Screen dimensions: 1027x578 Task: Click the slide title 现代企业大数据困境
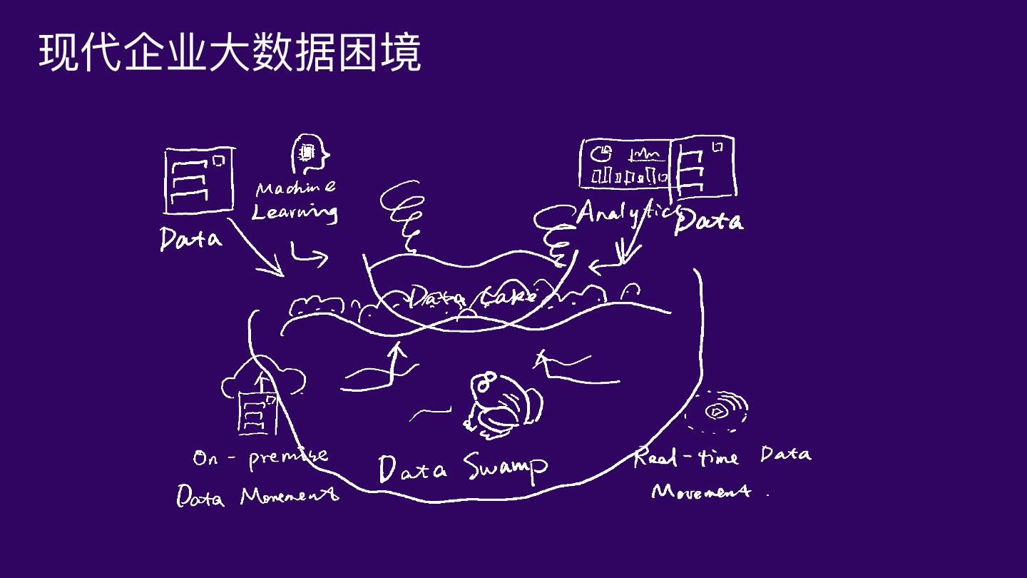[x=230, y=51]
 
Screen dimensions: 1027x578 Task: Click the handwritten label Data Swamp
[x=463, y=467]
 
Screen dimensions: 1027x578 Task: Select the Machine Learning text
[x=295, y=201]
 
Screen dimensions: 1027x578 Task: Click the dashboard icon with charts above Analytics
[x=625, y=163]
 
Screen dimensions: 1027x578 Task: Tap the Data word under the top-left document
[x=190, y=238]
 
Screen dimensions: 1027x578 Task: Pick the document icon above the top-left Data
[x=199, y=180]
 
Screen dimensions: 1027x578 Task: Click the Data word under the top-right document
[x=708, y=220]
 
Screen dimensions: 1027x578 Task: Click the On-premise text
[x=260, y=457]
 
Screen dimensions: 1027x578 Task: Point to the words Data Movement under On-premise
[x=257, y=495]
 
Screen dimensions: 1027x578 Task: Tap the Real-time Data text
[x=722, y=456]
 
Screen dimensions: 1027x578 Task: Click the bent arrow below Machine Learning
[x=308, y=255]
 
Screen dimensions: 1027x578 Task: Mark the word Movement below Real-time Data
[x=702, y=491]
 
